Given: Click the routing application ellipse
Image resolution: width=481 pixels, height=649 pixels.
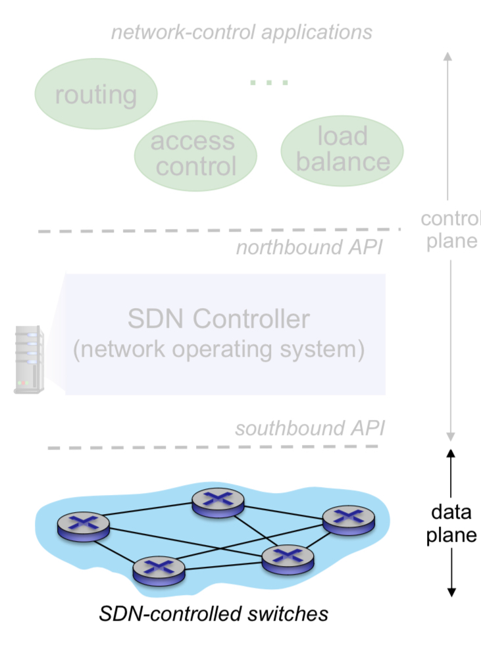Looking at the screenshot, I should pyautogui.click(x=95, y=95).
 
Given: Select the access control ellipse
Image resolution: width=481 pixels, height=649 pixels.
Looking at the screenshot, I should pyautogui.click(x=195, y=153).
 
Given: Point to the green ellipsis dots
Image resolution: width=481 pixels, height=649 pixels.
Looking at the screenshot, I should pyautogui.click(x=268, y=83).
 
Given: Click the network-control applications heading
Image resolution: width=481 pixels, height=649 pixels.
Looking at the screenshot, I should pyautogui.click(x=241, y=32).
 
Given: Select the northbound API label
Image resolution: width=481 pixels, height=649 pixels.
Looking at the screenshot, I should pyautogui.click(x=309, y=248).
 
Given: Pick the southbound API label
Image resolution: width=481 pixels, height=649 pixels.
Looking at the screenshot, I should pyautogui.click(x=309, y=428).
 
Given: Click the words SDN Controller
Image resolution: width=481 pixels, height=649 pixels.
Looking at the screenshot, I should pyautogui.click(x=218, y=319).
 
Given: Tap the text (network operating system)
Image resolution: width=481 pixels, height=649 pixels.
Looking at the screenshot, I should pyautogui.click(x=218, y=350).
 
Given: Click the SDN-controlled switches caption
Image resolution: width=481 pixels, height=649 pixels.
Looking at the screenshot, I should pyautogui.click(x=213, y=614).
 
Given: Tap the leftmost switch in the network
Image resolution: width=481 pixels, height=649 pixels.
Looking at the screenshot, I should pyautogui.click(x=83, y=525).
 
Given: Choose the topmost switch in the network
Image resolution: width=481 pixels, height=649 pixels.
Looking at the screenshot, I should pyautogui.click(x=218, y=502).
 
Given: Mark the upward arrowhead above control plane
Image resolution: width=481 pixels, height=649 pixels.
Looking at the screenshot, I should pyautogui.click(x=448, y=57).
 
